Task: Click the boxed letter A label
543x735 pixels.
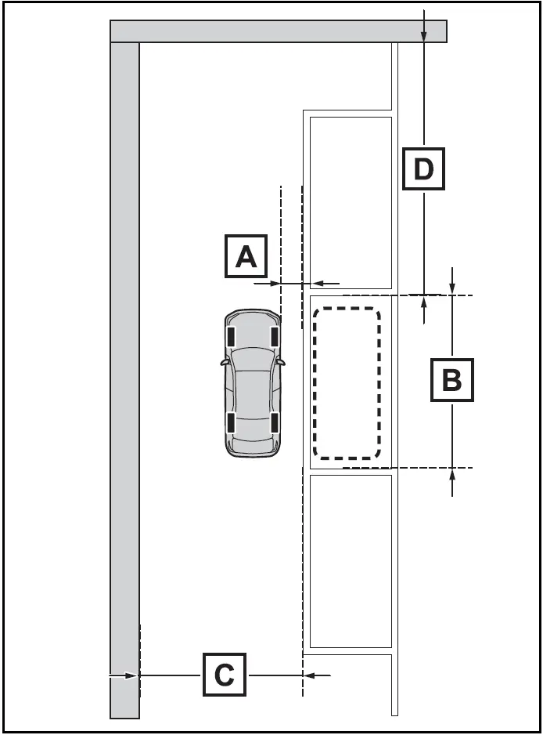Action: click(246, 255)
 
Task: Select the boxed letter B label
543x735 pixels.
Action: click(452, 379)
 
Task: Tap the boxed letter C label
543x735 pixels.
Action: click(225, 674)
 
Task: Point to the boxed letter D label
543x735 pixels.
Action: click(423, 168)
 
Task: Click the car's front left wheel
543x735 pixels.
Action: click(232, 336)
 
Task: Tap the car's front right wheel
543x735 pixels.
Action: click(275, 336)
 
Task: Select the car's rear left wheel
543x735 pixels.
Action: click(232, 422)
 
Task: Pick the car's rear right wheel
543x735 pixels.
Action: click(275, 422)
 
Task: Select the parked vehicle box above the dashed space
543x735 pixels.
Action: click(351, 202)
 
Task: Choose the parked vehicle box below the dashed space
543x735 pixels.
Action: click(351, 559)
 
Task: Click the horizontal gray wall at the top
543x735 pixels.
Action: click(278, 31)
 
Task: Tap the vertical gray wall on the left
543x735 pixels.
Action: click(124, 376)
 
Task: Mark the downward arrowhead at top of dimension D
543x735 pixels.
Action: click(423, 36)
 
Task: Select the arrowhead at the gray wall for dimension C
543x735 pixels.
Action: click(133, 674)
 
